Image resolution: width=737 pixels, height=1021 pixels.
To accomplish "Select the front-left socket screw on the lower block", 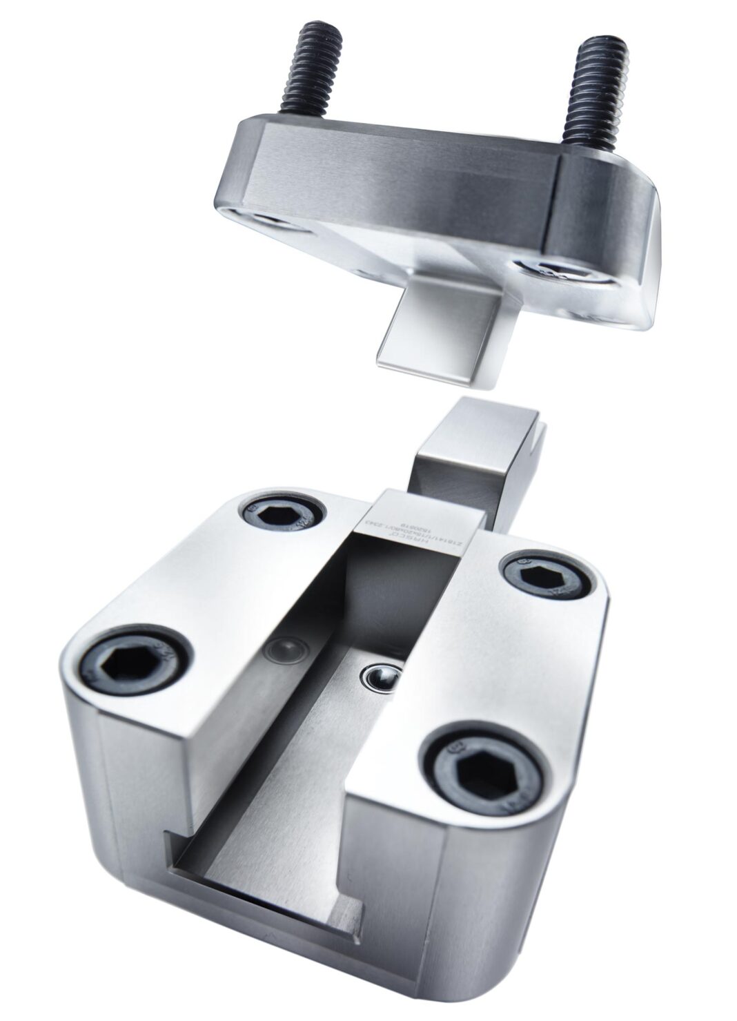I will pos(135,659).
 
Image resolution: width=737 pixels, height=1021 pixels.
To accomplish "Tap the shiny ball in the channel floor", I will pos(382,677).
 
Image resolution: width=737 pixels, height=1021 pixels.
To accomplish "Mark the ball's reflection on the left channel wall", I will pos(286,649).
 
